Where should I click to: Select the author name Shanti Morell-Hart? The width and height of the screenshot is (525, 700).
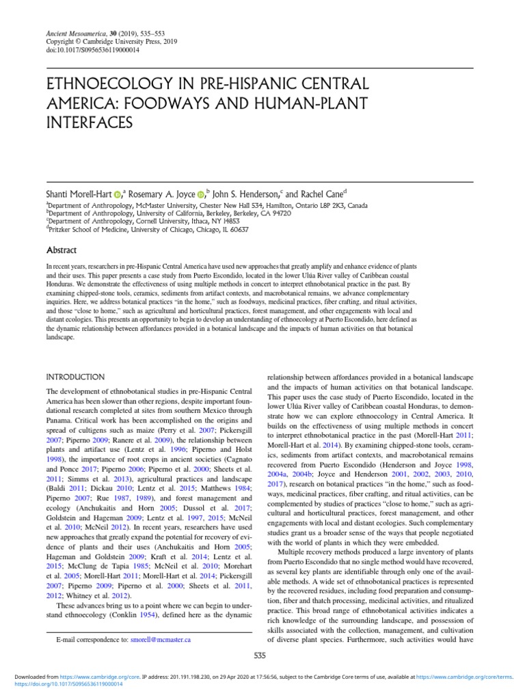[x=78, y=194]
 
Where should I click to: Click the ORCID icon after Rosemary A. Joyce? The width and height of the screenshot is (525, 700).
[x=200, y=195]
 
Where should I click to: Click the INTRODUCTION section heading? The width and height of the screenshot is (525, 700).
[x=75, y=377]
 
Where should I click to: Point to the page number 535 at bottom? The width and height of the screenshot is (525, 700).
[x=260, y=656]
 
